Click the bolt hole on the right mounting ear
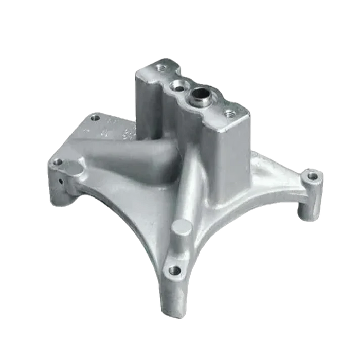[313, 176]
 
